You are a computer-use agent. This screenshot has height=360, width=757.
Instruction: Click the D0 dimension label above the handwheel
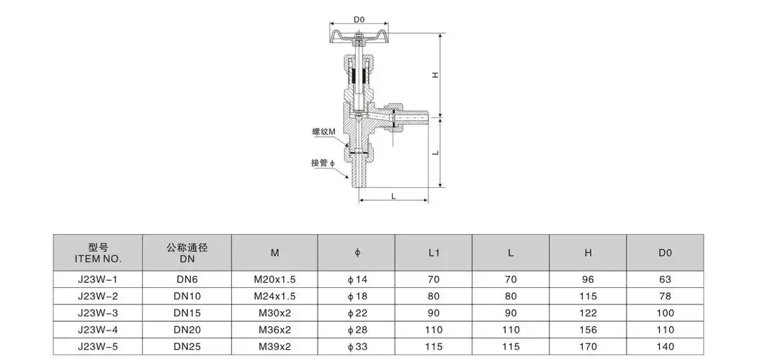[x=359, y=19]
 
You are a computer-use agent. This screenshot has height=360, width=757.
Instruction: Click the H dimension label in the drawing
[x=435, y=76]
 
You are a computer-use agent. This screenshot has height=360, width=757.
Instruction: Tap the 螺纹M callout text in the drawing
[x=323, y=132]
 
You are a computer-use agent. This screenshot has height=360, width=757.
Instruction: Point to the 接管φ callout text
[x=323, y=163]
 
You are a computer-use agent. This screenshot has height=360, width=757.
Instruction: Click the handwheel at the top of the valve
[x=359, y=36]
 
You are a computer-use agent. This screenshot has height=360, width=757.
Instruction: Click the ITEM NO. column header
[x=98, y=253]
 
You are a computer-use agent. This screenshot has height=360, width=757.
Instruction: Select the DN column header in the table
[x=187, y=253]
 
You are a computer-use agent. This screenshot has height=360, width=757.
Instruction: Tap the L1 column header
[x=434, y=253]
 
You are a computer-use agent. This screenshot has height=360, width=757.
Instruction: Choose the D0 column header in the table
[x=665, y=253]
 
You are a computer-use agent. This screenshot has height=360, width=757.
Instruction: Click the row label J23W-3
[x=98, y=313]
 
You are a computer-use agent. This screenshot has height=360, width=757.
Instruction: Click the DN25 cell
[x=187, y=348]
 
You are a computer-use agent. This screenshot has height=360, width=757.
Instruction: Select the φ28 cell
[x=357, y=330]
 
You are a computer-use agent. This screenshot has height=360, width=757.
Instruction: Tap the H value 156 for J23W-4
[x=588, y=330]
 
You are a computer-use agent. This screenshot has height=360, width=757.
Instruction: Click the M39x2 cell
[x=274, y=348]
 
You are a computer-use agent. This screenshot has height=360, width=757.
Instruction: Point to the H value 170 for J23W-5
[x=588, y=348]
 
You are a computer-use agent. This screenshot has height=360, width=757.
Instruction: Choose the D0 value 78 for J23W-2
[x=665, y=296]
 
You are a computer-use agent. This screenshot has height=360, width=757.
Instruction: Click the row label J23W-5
[x=98, y=348]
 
